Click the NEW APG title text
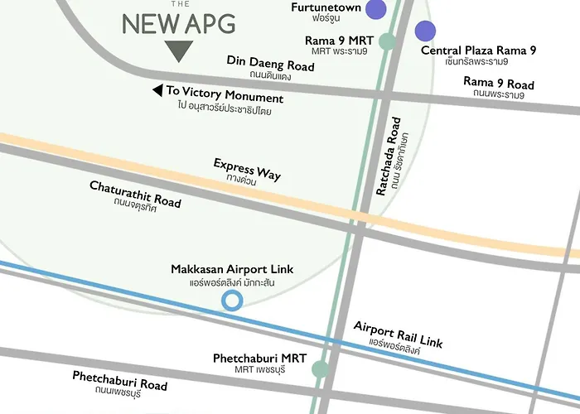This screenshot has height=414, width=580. tap(178, 24)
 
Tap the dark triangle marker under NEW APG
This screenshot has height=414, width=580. tap(178, 51)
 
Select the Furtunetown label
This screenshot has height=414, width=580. tap(326, 7)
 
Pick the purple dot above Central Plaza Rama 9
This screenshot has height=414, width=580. tap(425, 31)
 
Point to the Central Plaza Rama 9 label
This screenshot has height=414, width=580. tap(478, 51)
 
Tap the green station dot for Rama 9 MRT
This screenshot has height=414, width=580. tap(387, 41)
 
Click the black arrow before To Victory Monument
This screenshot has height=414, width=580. tap(157, 90)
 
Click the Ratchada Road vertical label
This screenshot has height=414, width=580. tap(390, 156)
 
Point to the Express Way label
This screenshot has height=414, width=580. tap(247, 169)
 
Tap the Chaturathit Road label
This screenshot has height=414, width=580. tap(135, 194)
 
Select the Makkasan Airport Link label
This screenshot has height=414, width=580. tap(232, 270)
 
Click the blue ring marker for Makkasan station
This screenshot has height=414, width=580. tap(233, 300)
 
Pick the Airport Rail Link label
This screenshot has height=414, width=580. tap(398, 334)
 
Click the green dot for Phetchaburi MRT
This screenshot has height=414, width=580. tap(320, 369)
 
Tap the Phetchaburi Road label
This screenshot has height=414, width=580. tap(119, 380)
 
